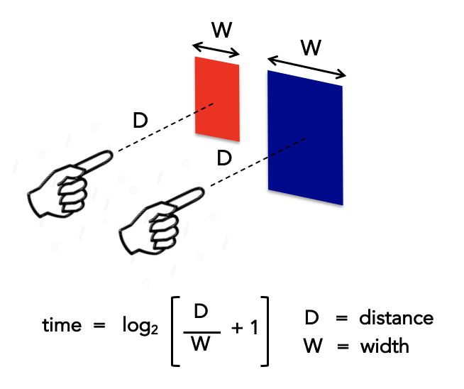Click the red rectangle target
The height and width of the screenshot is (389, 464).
pos(217,99)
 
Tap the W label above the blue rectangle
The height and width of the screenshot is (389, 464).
pos(310,48)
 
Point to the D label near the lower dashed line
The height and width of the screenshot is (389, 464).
pos(224,158)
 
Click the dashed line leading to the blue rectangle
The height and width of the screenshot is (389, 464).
pos(255,164)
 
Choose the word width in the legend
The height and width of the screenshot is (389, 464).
pos(384,346)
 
